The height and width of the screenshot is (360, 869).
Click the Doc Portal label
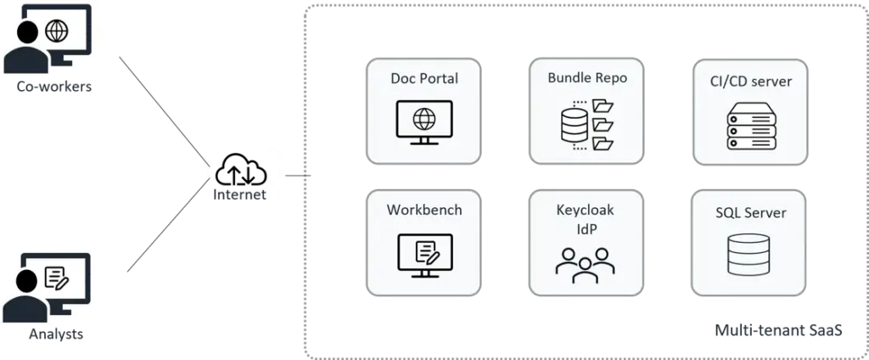(424, 79)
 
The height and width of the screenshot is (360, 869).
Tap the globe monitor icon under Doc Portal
(424, 117)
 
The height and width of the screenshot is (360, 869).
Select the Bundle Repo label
(587, 78)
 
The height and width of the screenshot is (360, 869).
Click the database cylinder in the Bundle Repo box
(575, 125)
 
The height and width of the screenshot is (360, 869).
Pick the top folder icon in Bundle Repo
(603, 106)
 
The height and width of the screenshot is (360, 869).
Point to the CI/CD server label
(750, 82)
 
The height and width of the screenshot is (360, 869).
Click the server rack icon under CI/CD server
(750, 125)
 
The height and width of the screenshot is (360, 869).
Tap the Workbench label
(424, 210)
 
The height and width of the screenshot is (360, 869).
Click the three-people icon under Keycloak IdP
(586, 264)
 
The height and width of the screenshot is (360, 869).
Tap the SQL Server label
(750, 212)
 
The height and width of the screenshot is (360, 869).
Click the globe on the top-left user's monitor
(58, 31)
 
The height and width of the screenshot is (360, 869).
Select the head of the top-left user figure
(28, 34)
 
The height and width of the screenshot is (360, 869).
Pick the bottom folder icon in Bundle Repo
(603, 143)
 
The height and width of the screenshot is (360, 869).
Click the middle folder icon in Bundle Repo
(603, 125)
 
